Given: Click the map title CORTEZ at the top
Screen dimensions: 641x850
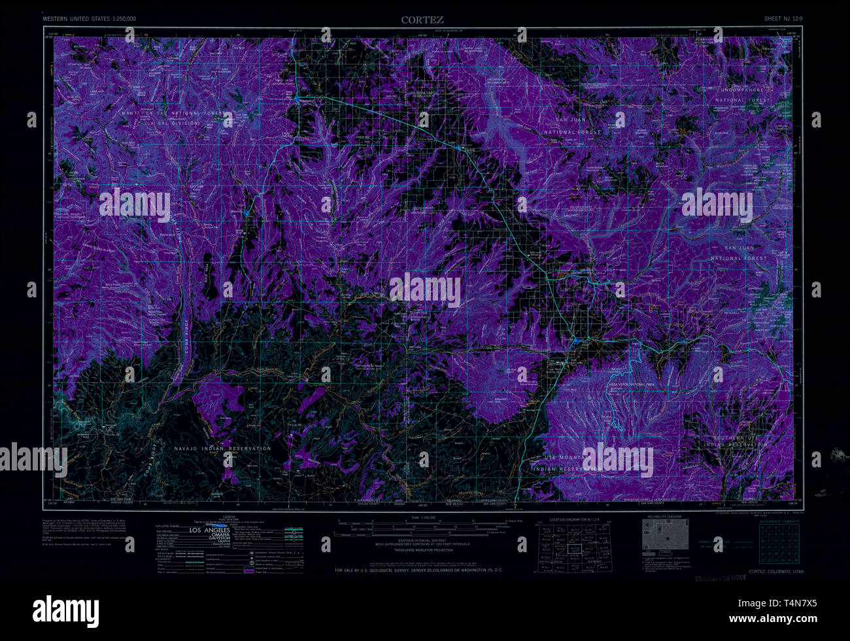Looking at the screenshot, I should [422, 20].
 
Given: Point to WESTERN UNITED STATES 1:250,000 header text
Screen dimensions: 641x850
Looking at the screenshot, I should [90, 19].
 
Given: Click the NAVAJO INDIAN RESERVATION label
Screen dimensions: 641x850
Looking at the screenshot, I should [223, 448].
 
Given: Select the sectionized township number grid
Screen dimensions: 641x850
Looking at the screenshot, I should [779, 542].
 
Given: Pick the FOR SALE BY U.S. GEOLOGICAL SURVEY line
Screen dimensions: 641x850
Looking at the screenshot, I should [418, 570].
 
